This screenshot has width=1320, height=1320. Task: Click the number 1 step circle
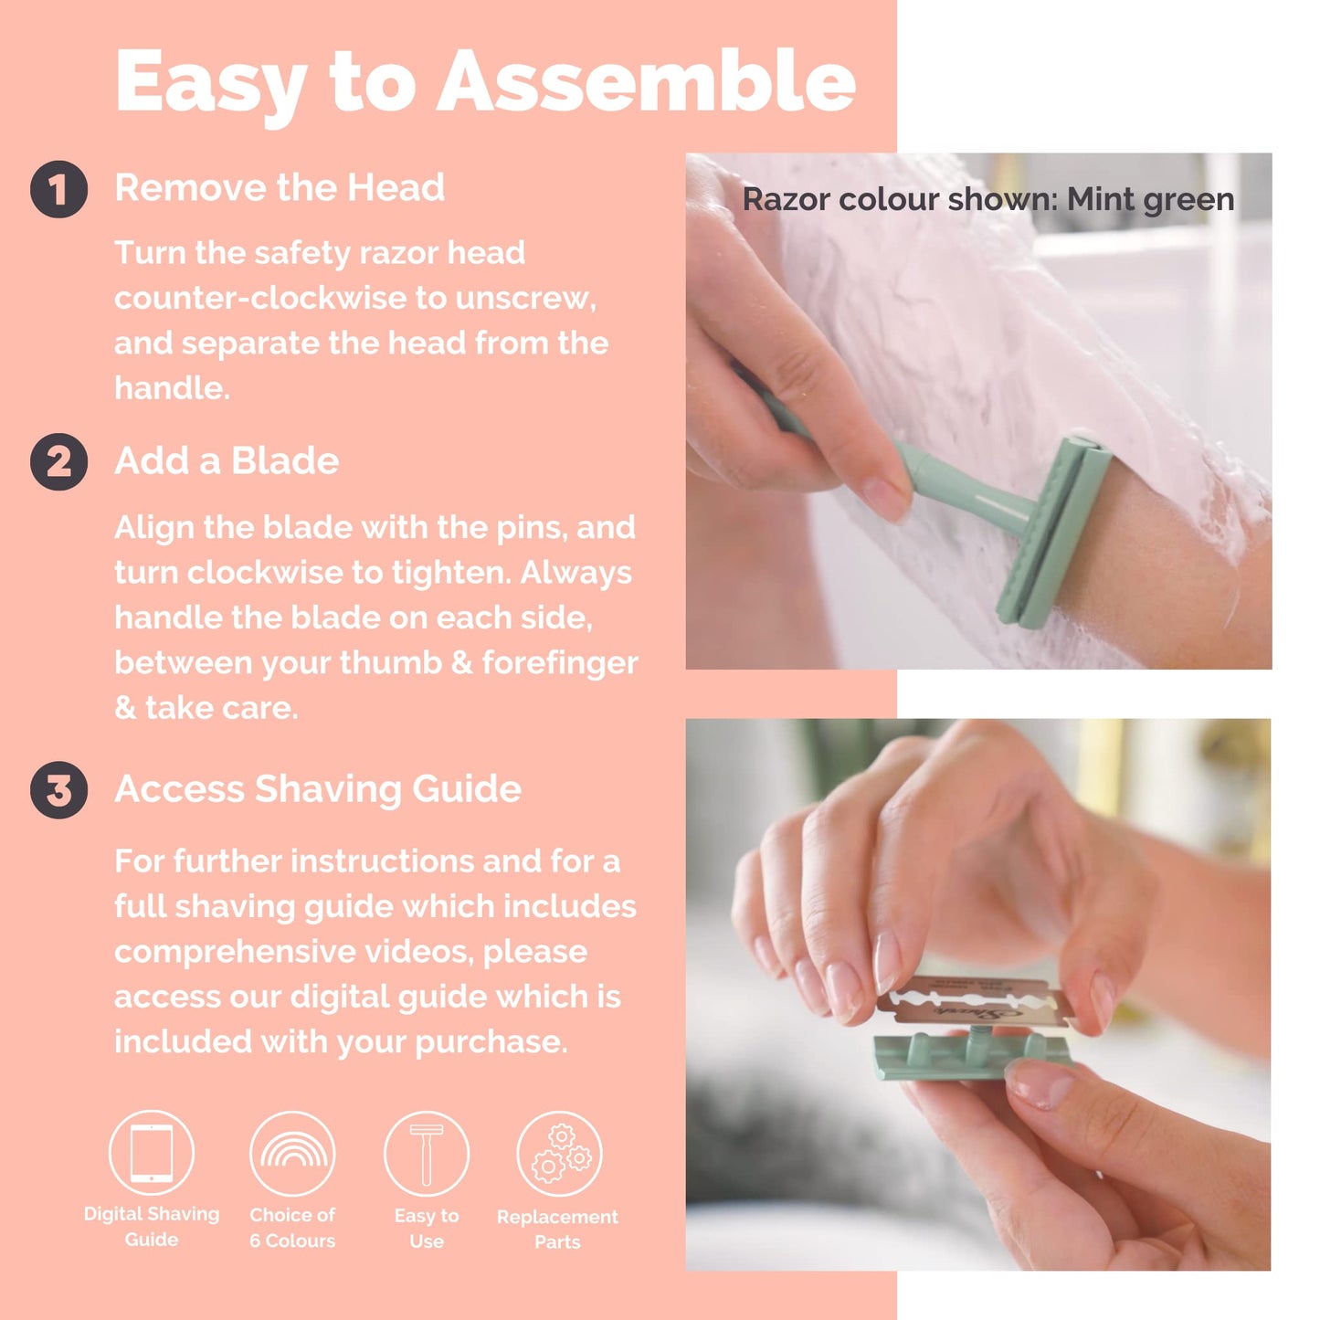pos(58,190)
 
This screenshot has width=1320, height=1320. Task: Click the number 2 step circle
pos(58,462)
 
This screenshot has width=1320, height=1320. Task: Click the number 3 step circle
pos(58,790)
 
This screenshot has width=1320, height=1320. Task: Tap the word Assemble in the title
pos(646,82)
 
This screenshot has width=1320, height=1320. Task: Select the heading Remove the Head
pos(280,188)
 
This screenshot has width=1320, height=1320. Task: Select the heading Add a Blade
pos(227,461)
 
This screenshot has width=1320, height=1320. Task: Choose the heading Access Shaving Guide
pos(318,789)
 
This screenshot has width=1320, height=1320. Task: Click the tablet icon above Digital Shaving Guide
pos(152,1153)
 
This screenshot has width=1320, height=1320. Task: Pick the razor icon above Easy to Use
pos(427,1154)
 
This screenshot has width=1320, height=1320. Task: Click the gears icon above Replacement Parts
pos(559,1154)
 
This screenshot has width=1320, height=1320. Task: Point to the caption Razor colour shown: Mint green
pos(987,199)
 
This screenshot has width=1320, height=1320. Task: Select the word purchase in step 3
pos(491,1042)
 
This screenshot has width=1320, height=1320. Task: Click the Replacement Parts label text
pos(557,1229)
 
